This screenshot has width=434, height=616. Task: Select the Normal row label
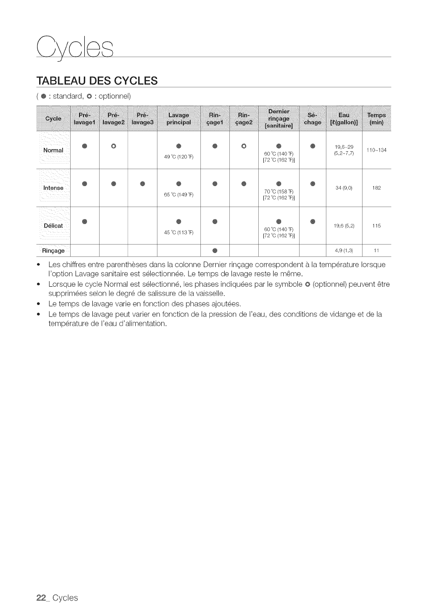click(x=53, y=150)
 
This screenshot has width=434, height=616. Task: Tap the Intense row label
click(x=53, y=188)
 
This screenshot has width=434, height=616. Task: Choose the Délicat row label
click(x=53, y=225)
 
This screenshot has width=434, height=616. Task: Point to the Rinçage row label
click(x=53, y=250)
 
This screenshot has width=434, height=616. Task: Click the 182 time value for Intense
click(x=376, y=188)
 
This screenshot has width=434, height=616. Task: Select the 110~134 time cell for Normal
click(x=376, y=150)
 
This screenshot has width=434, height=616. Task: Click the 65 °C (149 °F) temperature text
click(x=179, y=195)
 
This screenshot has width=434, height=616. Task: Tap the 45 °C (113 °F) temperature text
click(x=179, y=232)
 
